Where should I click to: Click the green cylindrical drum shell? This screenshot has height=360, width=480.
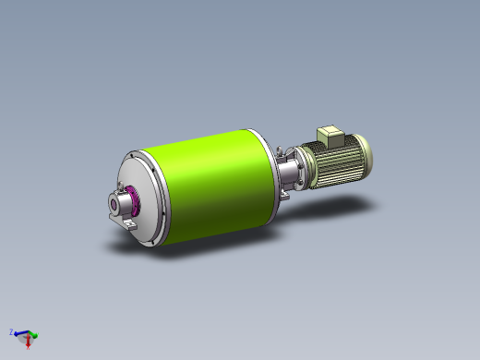[208, 180]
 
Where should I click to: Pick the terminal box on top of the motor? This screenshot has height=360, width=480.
[330, 135]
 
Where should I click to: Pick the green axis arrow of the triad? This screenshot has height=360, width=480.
[33, 334]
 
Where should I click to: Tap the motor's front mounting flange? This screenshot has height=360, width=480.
[309, 166]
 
